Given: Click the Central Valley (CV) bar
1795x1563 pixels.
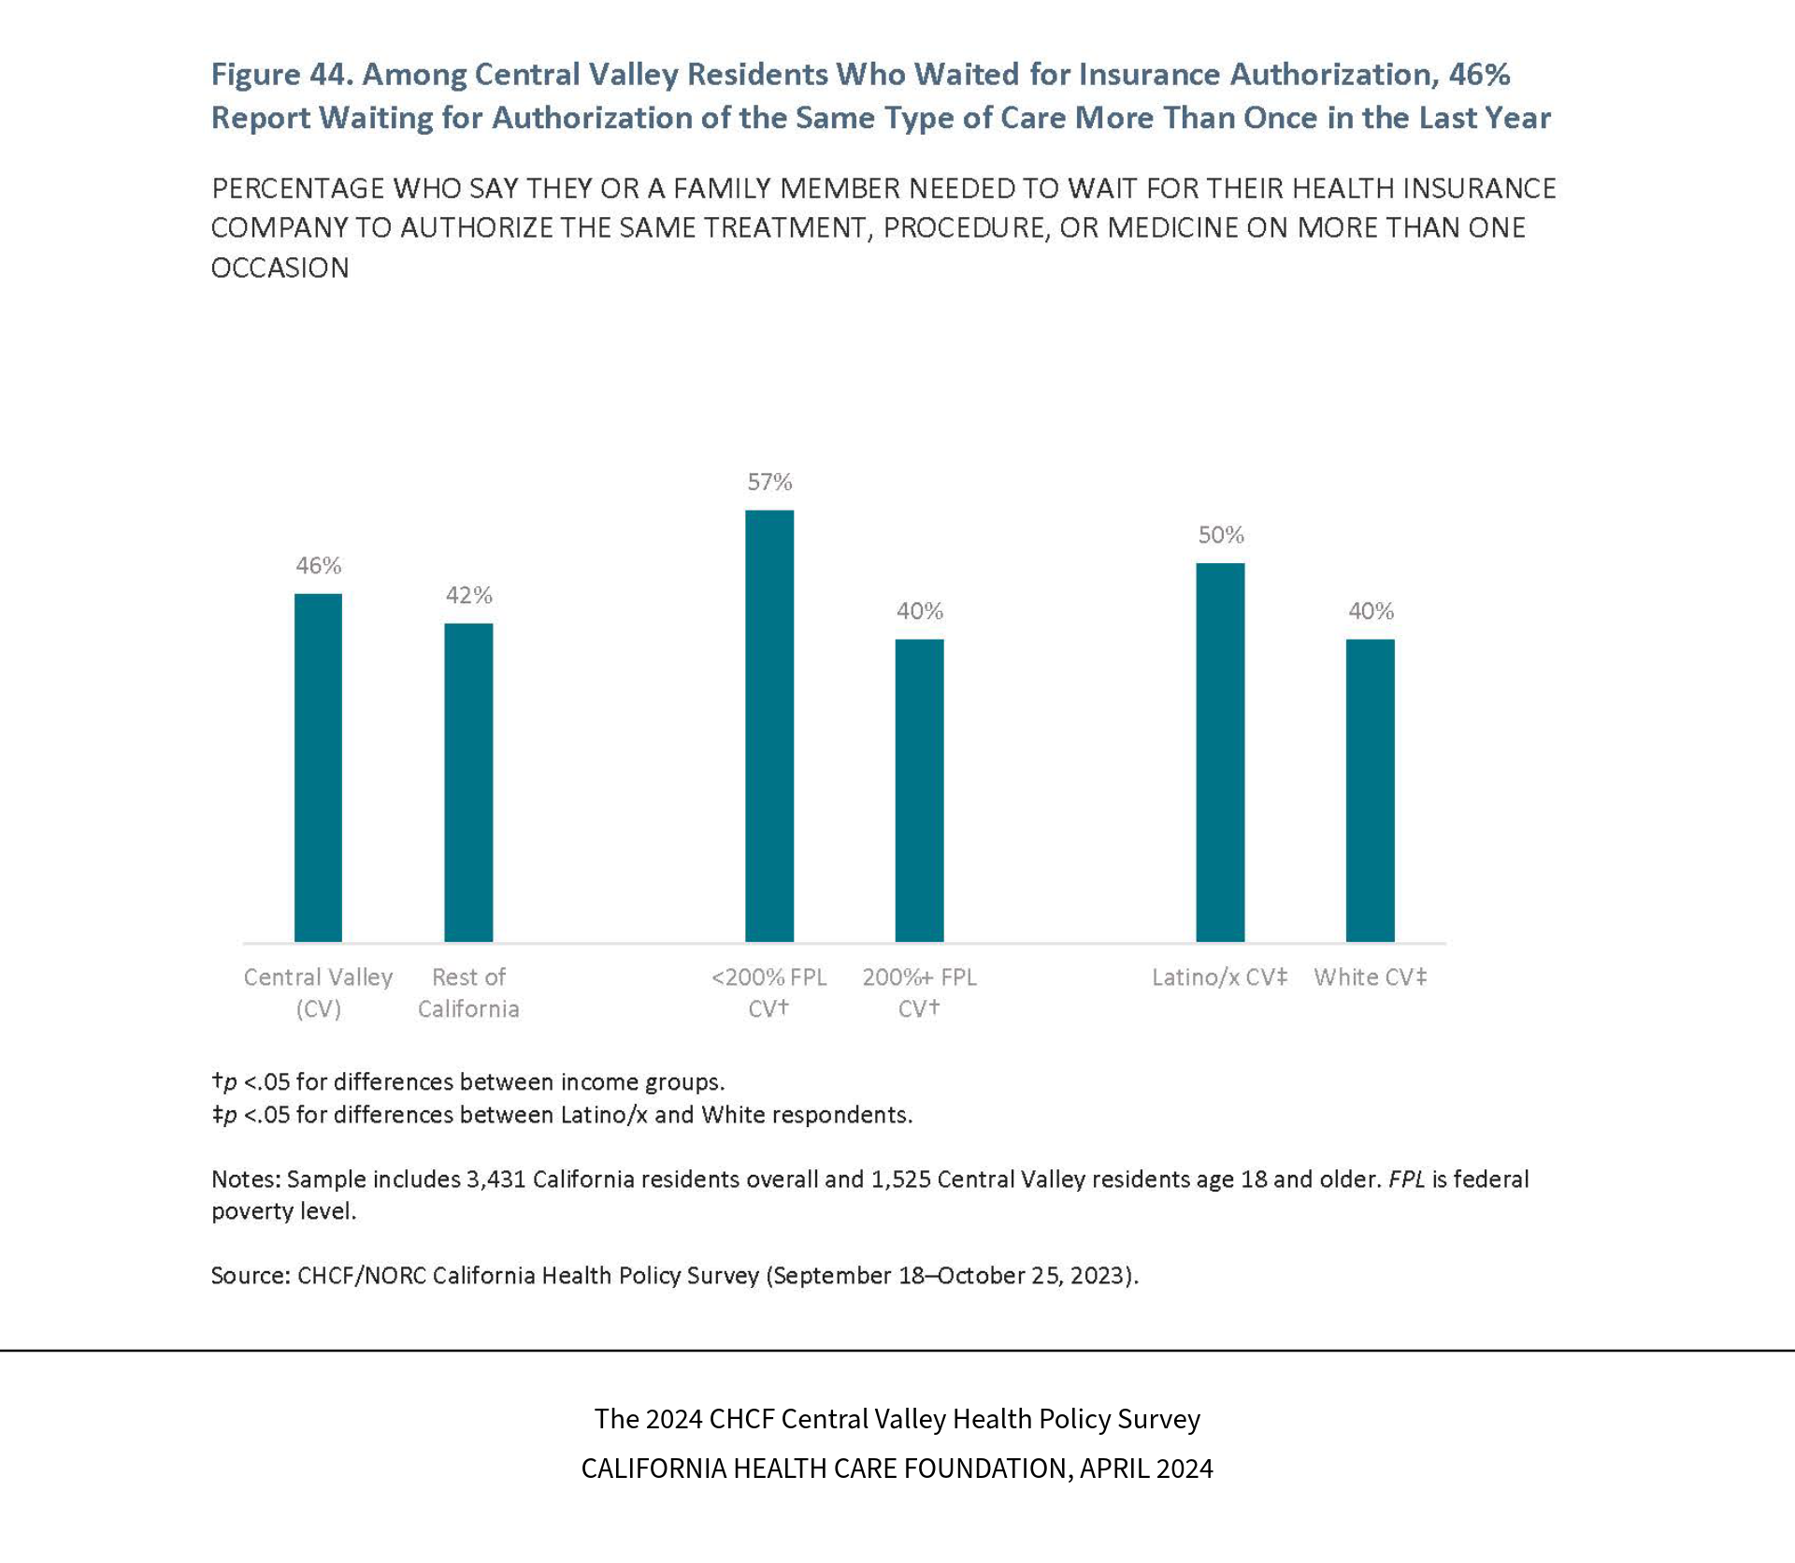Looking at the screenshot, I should coord(318,767).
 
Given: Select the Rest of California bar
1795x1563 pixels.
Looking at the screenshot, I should coord(468,782).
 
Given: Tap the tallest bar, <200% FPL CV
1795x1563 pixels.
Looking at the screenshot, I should coord(769,725).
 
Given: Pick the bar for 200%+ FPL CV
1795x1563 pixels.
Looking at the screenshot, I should coord(919,790).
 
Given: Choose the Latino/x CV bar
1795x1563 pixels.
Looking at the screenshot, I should coord(1220,752).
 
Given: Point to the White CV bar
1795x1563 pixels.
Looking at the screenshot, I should coord(1370,790).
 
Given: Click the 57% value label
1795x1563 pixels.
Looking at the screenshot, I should coord(769,482).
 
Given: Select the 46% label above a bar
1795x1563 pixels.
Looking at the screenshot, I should coord(319,565).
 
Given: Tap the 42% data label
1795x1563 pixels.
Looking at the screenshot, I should coord(468,595).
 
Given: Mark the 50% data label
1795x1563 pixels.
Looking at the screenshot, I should coord(1221,535).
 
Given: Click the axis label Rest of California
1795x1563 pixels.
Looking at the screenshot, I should coord(468,992).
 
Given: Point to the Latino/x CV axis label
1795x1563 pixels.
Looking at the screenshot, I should coord(1219,977).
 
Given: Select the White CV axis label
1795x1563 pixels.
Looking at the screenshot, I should coord(1370,977).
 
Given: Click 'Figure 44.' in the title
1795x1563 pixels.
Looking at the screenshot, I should coord(280,75).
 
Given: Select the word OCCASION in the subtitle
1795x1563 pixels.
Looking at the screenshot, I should coord(280,268).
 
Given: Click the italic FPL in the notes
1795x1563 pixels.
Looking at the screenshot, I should coord(1406,1179).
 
